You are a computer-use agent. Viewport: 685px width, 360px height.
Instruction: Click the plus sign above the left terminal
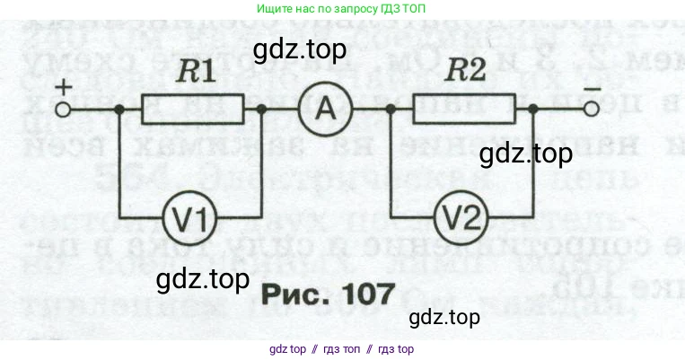[x=64, y=86]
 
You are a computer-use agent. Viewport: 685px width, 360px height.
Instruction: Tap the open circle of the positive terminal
[x=63, y=110]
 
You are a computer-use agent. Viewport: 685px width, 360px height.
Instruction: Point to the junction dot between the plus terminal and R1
[x=120, y=110]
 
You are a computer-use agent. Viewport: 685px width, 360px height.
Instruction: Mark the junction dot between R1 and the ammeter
[x=261, y=110]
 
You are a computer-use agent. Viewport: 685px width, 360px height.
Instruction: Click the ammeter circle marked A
[x=316, y=110]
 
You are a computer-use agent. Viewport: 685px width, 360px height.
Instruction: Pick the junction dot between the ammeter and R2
[x=391, y=110]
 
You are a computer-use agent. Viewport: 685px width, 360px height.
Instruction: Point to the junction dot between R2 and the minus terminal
[x=534, y=110]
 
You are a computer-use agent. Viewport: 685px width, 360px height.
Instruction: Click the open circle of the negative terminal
[x=591, y=110]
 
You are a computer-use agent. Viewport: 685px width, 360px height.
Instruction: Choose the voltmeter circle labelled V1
[x=189, y=215]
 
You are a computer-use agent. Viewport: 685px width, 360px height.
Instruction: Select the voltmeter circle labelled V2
[x=461, y=215]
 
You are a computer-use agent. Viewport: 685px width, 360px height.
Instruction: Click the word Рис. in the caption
[x=293, y=294]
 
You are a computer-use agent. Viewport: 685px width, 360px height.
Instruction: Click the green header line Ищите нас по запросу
[x=342, y=8]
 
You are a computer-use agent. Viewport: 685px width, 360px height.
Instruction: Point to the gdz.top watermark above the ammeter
[x=300, y=50]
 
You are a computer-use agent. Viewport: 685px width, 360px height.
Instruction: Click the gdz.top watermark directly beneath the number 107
[x=443, y=317]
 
